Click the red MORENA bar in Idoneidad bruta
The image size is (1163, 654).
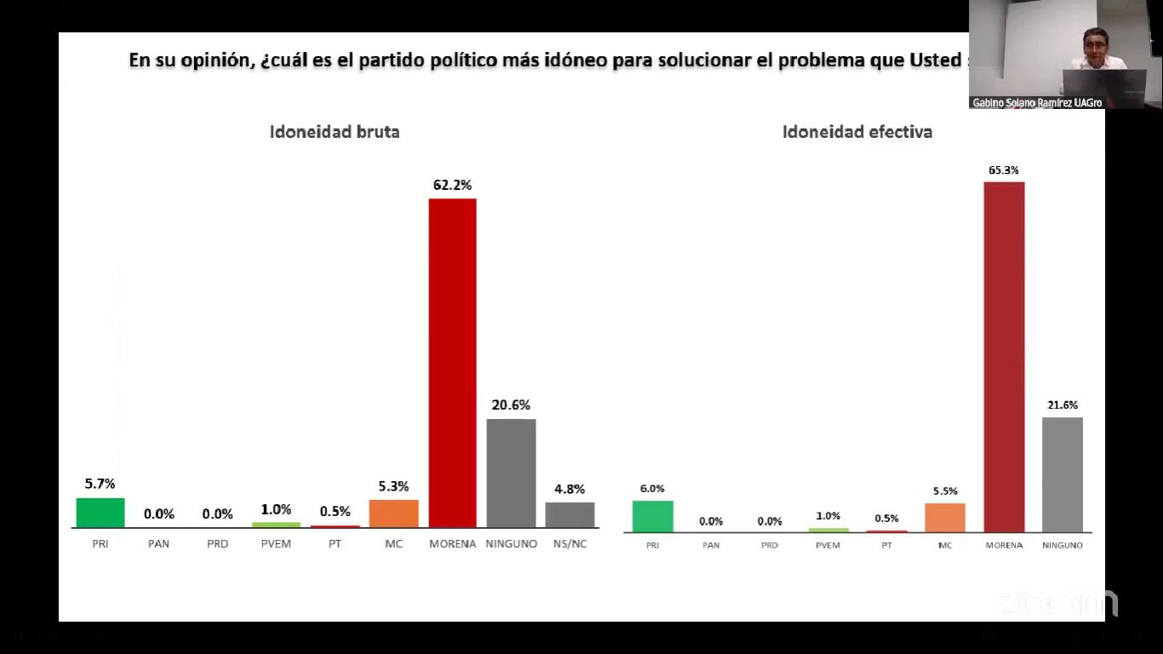[x=452, y=363]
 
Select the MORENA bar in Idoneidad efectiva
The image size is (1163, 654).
[x=1004, y=357]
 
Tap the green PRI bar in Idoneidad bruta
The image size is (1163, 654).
[x=100, y=513]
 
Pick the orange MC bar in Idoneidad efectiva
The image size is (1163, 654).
[x=945, y=518]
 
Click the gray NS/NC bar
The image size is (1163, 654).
[x=570, y=514]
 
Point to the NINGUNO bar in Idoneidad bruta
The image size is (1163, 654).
[x=511, y=473]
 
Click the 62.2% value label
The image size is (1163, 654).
[x=452, y=185]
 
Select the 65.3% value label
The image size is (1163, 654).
[x=1004, y=170]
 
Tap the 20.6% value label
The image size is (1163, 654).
[x=511, y=405]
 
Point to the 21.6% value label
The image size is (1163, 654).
[x=1063, y=405]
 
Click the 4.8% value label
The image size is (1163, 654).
[x=570, y=489]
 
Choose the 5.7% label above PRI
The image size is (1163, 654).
[x=100, y=484]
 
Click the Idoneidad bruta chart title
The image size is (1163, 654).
[x=335, y=132]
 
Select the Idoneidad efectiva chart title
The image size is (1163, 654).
[x=857, y=132]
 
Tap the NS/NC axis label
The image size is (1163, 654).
[x=570, y=543]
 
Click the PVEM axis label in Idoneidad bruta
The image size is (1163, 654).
[x=276, y=543]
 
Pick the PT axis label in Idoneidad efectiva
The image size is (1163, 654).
[x=886, y=545]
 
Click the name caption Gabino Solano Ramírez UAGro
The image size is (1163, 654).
[x=1037, y=103]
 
